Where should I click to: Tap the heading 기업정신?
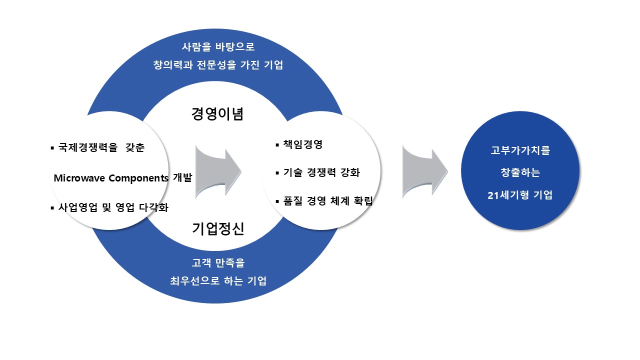(x=217, y=229)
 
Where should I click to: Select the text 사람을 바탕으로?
(x=217, y=47)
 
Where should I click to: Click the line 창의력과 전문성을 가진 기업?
(x=217, y=65)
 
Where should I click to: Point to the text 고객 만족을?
(x=218, y=262)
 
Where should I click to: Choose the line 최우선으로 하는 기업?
(x=218, y=280)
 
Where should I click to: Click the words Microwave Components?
(x=110, y=178)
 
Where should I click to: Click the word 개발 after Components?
(x=182, y=178)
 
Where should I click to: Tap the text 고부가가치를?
(x=520, y=150)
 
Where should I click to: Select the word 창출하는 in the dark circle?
(x=520, y=173)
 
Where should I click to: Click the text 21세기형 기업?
(x=520, y=195)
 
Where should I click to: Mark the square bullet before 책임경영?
(x=277, y=145)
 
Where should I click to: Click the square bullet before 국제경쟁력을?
(x=52, y=148)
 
